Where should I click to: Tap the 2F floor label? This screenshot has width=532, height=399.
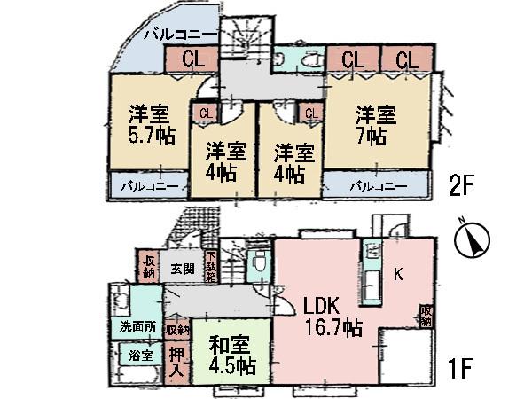pos(462,187)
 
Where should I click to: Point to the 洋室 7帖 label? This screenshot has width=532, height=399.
pos(373,125)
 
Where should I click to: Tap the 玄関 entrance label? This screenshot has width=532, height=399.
pos(183,268)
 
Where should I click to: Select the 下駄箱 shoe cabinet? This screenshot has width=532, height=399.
pos(211,268)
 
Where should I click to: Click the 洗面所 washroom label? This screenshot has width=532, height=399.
pos(138,326)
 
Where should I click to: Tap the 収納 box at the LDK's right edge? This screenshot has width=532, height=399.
pos(427,316)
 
